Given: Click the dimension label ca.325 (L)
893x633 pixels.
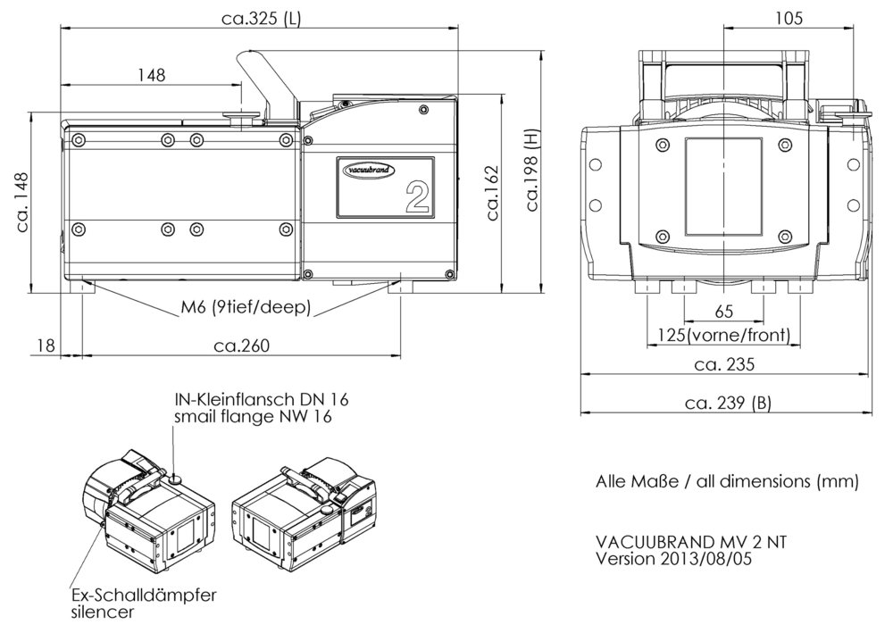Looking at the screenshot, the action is (x=261, y=18).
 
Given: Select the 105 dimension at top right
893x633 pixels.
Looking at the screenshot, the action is (x=789, y=18).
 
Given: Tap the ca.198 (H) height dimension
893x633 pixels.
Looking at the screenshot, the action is (x=532, y=170).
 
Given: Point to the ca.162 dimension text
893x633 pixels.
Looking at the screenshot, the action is (x=492, y=193).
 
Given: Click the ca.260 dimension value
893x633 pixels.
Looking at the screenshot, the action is (x=241, y=346).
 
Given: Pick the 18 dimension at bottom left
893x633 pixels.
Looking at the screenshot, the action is (x=46, y=346).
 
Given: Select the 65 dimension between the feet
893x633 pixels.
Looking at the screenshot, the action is (x=723, y=312).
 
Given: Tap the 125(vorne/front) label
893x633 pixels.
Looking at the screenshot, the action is (x=724, y=335).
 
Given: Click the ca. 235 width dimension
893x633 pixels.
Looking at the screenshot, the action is (x=724, y=364).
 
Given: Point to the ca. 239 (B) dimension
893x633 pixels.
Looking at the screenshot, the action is (x=729, y=403).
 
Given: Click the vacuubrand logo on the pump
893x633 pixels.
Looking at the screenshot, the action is (x=370, y=170).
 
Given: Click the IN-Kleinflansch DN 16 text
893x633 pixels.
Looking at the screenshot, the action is (x=262, y=399).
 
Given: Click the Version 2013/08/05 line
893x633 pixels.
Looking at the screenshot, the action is (x=673, y=558).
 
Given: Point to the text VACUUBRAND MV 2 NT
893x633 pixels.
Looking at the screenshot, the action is (x=691, y=541).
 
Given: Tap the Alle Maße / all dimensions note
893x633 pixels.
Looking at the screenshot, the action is (x=727, y=481).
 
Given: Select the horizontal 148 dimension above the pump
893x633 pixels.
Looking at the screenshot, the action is (x=152, y=75).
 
